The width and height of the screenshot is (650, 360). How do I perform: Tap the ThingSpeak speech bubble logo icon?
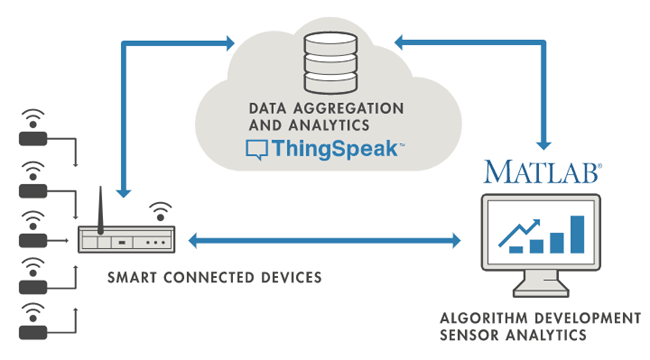pos(257,151)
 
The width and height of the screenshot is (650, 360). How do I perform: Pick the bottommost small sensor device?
pos(33,320)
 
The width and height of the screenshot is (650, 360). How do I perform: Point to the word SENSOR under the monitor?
pos(469,335)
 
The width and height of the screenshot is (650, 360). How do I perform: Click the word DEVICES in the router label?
pos(290,276)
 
